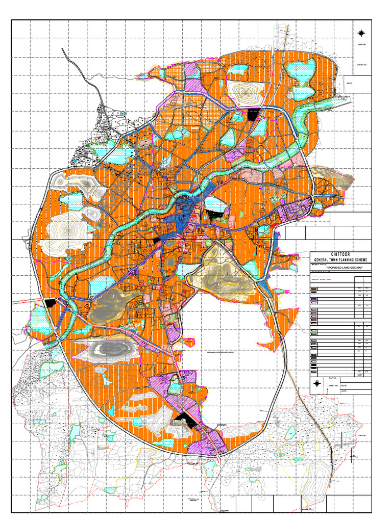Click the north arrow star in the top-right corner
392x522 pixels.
(362, 33)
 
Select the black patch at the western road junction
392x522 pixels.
(50, 303)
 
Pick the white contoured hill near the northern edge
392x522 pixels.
(247, 92)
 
